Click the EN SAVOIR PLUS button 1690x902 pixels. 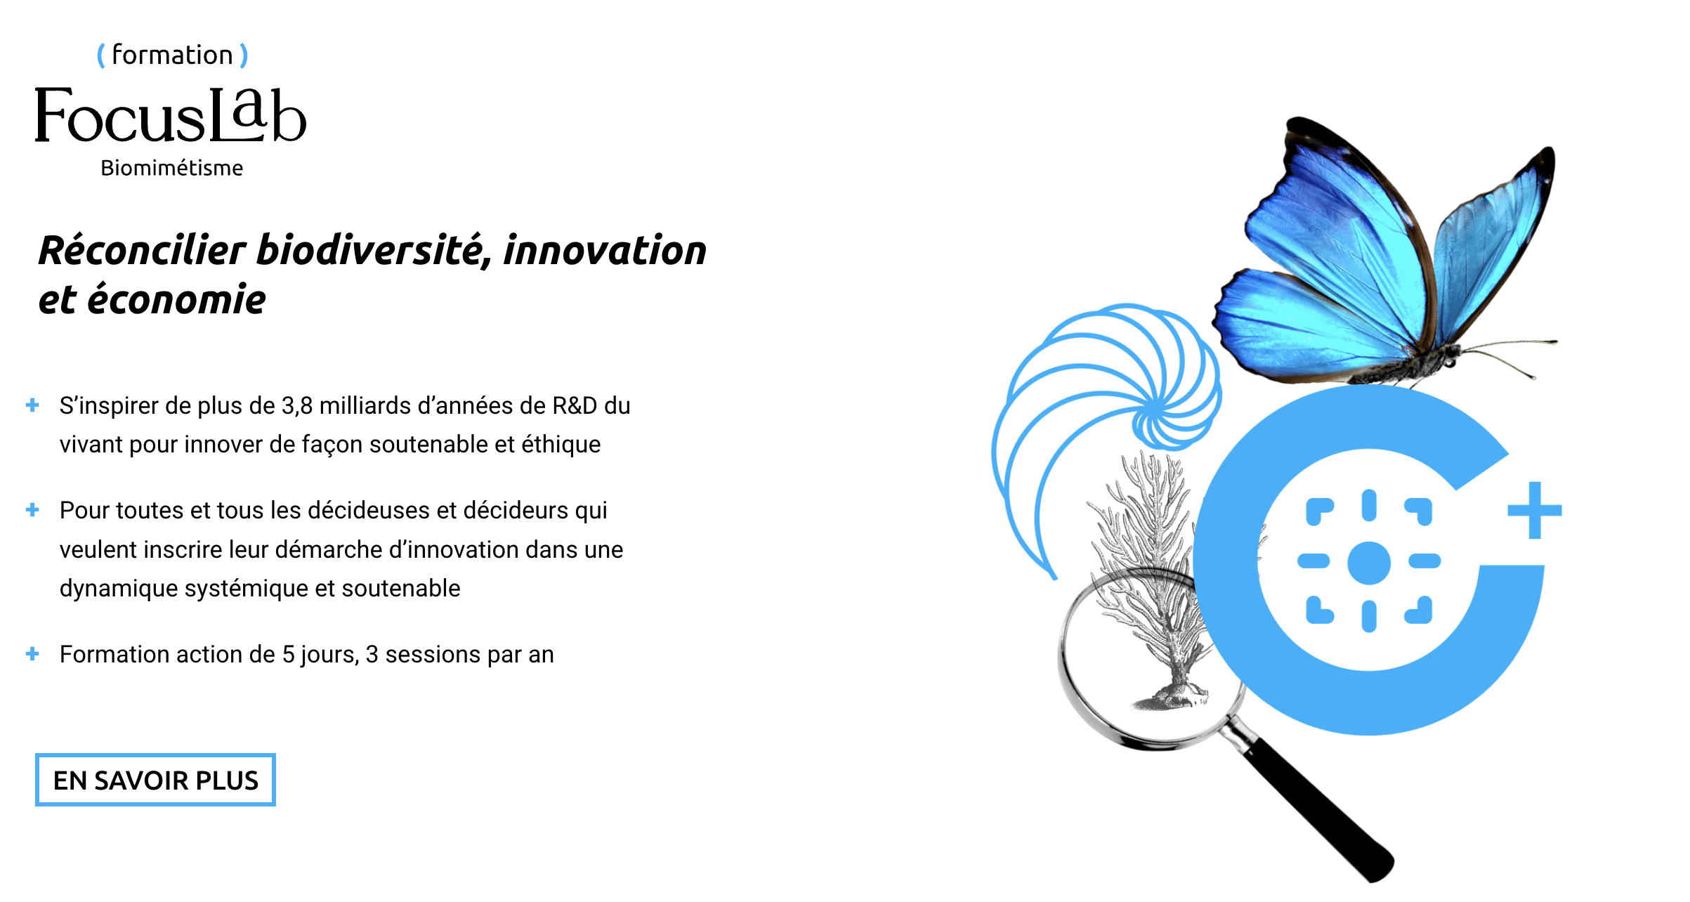tap(155, 780)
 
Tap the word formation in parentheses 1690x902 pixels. tap(172, 55)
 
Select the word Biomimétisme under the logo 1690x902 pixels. tap(171, 168)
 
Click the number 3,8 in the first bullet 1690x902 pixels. tap(297, 406)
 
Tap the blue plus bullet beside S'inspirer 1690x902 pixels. tap(32, 405)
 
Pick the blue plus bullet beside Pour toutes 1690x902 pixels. tap(32, 509)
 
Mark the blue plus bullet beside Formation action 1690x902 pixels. tap(32, 653)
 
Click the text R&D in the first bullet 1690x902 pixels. tap(575, 406)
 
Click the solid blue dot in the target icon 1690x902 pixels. tap(1369, 563)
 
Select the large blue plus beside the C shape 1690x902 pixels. tap(1535, 510)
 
